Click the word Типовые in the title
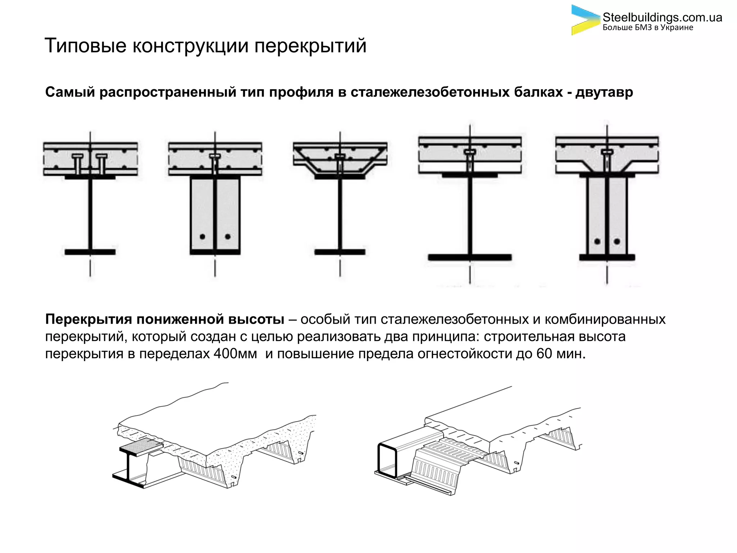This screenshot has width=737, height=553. coord(85,46)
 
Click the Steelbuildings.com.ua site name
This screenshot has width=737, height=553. coord(662,17)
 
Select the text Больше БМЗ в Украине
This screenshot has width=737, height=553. coord(648,28)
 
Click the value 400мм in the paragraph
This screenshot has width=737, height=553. coord(235,354)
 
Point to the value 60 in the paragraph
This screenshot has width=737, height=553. coord(544,354)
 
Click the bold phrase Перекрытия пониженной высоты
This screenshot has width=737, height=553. coord(164,319)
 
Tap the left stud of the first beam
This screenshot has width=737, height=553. coord(78,163)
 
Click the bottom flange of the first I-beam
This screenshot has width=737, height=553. coord(90,252)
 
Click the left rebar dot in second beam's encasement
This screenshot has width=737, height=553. coord(202,237)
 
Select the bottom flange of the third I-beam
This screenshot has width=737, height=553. coord(340,252)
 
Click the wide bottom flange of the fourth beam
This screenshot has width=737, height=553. coord(470,257)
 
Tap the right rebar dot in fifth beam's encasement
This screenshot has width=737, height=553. coord(617,241)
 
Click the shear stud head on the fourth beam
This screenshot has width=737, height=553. coord(470,152)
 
